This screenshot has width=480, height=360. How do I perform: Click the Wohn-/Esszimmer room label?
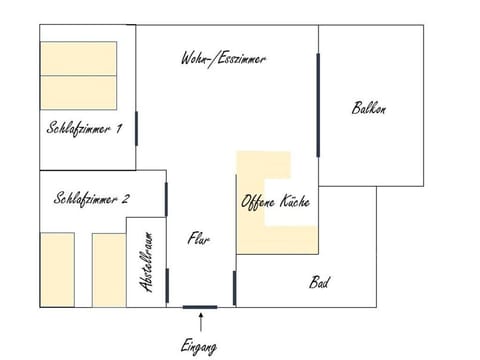[223, 59]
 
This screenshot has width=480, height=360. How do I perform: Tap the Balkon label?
[368, 108]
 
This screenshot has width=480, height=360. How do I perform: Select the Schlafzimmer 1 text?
[84, 128]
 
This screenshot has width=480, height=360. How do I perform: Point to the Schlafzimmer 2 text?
[91, 198]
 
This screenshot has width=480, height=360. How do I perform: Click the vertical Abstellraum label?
[147, 263]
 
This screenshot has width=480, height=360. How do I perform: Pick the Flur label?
[198, 239]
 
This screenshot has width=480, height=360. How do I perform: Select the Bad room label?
[319, 283]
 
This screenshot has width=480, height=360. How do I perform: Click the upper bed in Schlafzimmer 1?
[79, 57]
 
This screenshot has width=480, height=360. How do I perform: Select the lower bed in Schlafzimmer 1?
[79, 90]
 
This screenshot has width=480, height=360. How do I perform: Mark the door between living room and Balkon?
[319, 104]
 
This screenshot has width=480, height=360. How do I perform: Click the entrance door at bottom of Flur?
[199, 307]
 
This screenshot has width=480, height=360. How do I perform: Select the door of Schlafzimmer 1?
[136, 127]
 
